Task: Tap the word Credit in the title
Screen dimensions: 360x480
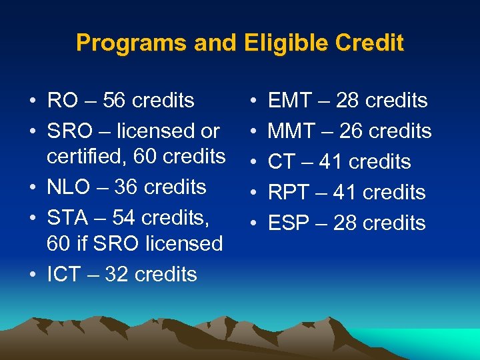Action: coord(370,43)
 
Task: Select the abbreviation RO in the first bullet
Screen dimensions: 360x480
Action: coord(62,101)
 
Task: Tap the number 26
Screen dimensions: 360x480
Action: coord(352,131)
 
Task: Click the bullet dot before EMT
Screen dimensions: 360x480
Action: coord(253,101)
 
